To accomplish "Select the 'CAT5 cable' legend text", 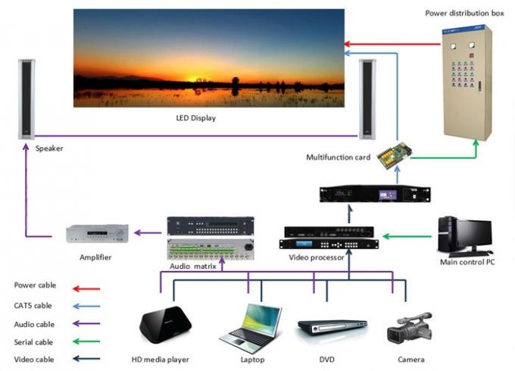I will click(33, 305).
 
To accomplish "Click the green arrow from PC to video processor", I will click(407, 235).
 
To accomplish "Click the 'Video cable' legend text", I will click(34, 359).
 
